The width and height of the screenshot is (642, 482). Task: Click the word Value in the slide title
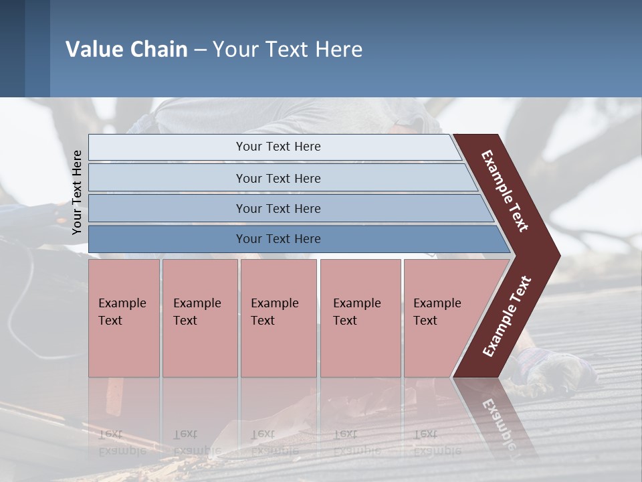92,50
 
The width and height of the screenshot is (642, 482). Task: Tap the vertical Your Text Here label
77,193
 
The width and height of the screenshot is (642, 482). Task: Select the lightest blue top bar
278,147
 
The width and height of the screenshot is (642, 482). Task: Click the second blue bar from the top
278,178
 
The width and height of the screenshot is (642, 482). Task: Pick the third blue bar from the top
278,208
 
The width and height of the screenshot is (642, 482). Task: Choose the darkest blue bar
278,239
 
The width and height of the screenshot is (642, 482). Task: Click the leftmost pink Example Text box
124,318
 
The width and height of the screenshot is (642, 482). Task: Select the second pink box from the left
199,318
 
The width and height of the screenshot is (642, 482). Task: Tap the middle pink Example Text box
278,318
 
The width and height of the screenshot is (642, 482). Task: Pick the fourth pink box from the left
360,318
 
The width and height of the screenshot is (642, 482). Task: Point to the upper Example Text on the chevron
505,191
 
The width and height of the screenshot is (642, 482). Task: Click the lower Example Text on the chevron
507,316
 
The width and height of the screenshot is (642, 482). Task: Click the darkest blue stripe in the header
12,48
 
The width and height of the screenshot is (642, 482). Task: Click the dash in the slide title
200,50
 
